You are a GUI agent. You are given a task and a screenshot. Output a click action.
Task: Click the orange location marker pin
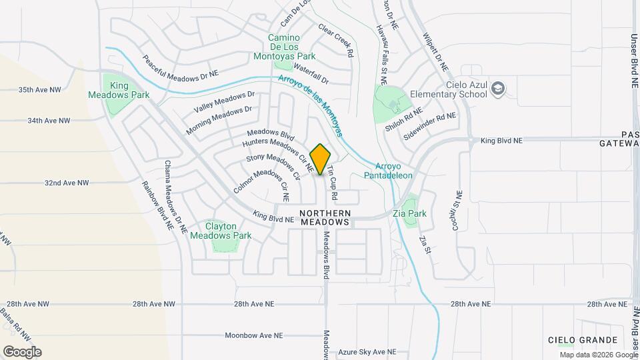click(321, 159)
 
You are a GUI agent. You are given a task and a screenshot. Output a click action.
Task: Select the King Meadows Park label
click(119, 90)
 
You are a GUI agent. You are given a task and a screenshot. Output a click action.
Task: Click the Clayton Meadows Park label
click(221, 231)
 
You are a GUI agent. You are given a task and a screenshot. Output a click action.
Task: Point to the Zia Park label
click(409, 213)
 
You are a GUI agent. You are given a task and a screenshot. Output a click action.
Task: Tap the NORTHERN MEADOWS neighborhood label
click(325, 217)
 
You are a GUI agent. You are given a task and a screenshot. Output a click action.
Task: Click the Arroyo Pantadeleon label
click(388, 171)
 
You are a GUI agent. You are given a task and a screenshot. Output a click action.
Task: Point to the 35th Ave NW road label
click(39, 89)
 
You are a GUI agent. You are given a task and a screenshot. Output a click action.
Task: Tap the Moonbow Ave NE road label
click(254, 335)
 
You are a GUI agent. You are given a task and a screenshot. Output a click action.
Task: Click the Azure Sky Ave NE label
click(367, 351)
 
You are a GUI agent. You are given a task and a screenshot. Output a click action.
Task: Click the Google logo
click(22, 352)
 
